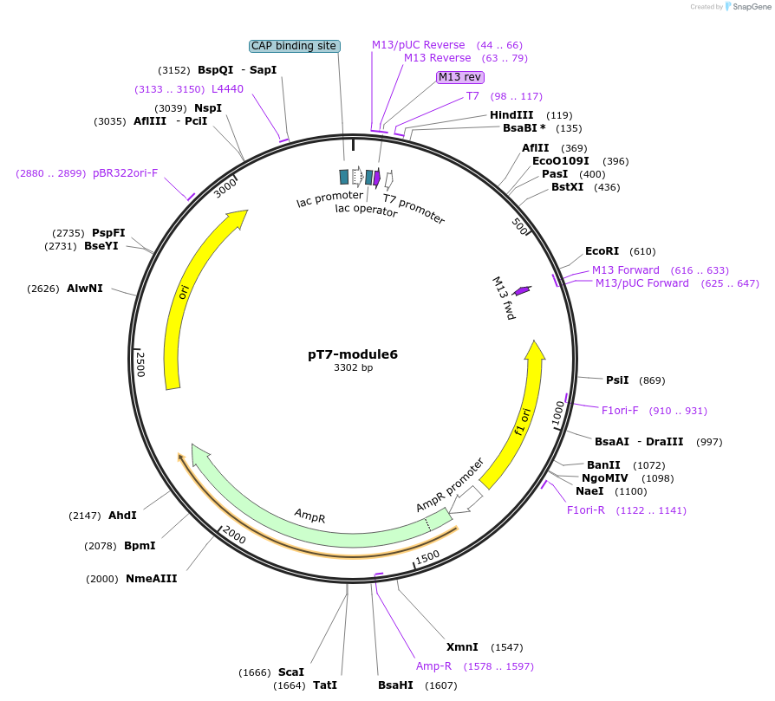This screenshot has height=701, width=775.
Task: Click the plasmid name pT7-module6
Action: (x=353, y=354)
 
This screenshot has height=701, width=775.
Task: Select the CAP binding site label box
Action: (x=294, y=46)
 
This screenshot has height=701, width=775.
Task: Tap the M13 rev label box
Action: (x=460, y=77)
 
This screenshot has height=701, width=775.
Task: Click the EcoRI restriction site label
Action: (x=602, y=251)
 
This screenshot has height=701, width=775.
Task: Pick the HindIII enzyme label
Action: (x=511, y=115)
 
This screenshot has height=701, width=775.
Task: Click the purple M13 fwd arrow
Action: (x=522, y=290)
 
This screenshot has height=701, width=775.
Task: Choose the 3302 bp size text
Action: (x=353, y=367)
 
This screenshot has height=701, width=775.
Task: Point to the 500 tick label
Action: (x=519, y=226)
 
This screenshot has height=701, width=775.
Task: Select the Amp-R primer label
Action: (x=433, y=666)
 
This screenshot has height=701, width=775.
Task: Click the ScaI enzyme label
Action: (x=291, y=672)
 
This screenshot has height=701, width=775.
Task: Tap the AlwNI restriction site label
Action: (x=84, y=289)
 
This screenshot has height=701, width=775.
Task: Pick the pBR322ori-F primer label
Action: (x=126, y=173)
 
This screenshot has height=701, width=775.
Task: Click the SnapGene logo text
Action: (x=751, y=6)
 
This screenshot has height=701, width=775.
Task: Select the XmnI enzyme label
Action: (x=462, y=647)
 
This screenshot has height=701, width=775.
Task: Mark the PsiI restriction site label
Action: (x=617, y=380)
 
